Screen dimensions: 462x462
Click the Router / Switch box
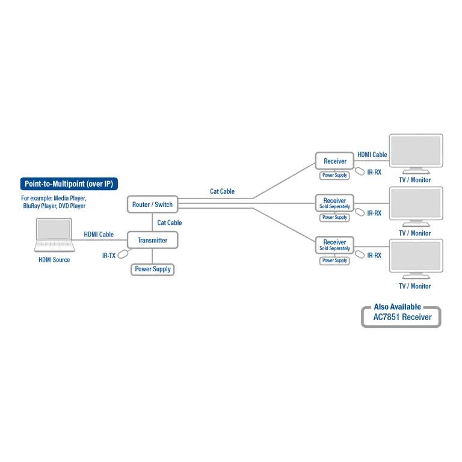[152, 205]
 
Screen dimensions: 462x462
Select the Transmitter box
[152, 240]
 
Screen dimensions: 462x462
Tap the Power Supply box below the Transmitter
[153, 269]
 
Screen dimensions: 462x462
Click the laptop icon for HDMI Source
[54, 235]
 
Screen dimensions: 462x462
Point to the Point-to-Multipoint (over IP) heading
[69, 184]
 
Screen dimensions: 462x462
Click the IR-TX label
[109, 256]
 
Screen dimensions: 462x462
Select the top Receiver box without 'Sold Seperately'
[334, 161]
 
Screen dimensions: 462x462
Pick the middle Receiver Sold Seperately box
[334, 203]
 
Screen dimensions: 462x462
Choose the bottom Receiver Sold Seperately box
[334, 245]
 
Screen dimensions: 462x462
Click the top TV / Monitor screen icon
[416, 152]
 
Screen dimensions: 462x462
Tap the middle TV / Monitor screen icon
[416, 205]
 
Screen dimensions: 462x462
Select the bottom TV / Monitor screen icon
[416, 257]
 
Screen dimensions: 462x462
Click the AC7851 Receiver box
[401, 317]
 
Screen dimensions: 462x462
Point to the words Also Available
[397, 307]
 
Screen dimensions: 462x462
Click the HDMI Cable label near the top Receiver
[372, 155]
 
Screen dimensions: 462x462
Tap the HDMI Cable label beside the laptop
[99, 235]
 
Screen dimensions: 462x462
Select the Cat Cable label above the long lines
[222, 191]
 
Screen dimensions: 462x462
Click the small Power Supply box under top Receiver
[334, 175]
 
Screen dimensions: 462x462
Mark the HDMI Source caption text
[54, 260]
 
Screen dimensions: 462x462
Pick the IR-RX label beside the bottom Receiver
[374, 255]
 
